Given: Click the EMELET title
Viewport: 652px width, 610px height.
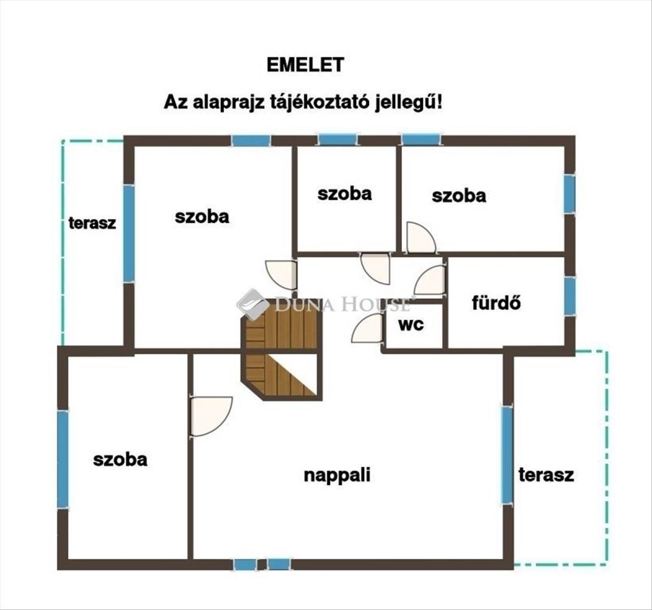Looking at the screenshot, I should (x=305, y=65).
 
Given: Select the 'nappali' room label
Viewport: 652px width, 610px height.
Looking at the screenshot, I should (x=337, y=475).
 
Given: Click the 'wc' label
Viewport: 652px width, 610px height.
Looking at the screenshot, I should (x=411, y=324).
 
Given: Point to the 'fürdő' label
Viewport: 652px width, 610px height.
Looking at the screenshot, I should (x=496, y=303).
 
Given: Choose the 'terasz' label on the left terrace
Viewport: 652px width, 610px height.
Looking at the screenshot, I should (x=92, y=223).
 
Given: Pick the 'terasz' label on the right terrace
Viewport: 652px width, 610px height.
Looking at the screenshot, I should (x=546, y=475).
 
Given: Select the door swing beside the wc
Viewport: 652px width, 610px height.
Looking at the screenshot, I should (x=368, y=329).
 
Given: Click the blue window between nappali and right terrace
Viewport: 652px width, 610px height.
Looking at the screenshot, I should (x=507, y=454).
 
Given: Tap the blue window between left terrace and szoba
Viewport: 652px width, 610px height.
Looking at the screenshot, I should (x=129, y=233).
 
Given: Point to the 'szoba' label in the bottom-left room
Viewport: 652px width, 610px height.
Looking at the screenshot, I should (x=120, y=459).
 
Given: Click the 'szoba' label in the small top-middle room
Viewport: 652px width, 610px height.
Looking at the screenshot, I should (x=345, y=193).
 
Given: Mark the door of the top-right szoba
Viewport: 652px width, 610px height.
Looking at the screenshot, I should (x=420, y=239).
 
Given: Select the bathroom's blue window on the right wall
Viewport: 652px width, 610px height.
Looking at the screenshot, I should (x=569, y=296).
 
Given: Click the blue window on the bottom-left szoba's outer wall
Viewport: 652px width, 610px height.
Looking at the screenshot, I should (x=63, y=459).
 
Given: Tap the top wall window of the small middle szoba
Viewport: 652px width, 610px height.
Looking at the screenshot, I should (x=337, y=140).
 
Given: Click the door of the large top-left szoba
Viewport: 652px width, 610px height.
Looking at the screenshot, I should (x=282, y=274).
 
